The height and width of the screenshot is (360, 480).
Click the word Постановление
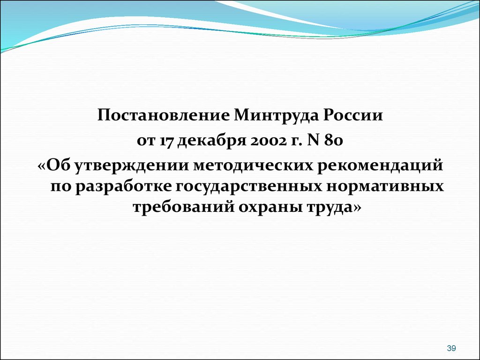(163, 115)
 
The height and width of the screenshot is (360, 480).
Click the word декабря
(212, 141)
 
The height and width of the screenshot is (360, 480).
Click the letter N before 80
(312, 141)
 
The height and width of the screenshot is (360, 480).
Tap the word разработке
(123, 187)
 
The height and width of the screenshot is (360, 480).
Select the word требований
(183, 207)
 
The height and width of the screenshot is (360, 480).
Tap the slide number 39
(451, 348)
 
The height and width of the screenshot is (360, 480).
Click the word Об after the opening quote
(60, 165)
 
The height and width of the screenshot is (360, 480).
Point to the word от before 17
(146, 142)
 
